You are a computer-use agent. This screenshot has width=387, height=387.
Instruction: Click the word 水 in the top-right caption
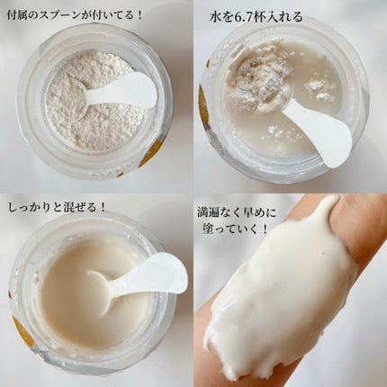(x=216, y=17)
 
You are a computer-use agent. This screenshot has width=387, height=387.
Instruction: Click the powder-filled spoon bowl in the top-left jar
(x=68, y=100)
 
